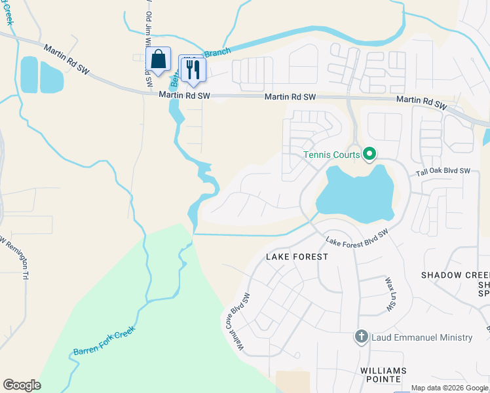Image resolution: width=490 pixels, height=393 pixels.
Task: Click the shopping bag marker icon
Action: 158,60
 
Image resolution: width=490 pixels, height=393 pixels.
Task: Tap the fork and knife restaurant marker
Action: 193,68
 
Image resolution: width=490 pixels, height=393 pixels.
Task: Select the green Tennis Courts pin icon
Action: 369,155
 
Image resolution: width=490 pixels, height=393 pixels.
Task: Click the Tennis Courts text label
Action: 331,155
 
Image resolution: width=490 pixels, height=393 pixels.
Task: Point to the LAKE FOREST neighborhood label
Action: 297,257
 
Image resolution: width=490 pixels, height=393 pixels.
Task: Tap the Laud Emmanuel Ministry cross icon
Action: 361,337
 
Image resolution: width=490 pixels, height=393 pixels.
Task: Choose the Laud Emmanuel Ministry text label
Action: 421,337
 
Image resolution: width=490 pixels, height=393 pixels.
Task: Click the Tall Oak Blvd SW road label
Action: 444,172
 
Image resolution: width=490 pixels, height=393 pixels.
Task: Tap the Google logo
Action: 22,385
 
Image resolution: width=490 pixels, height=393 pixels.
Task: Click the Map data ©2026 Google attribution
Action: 449,388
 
